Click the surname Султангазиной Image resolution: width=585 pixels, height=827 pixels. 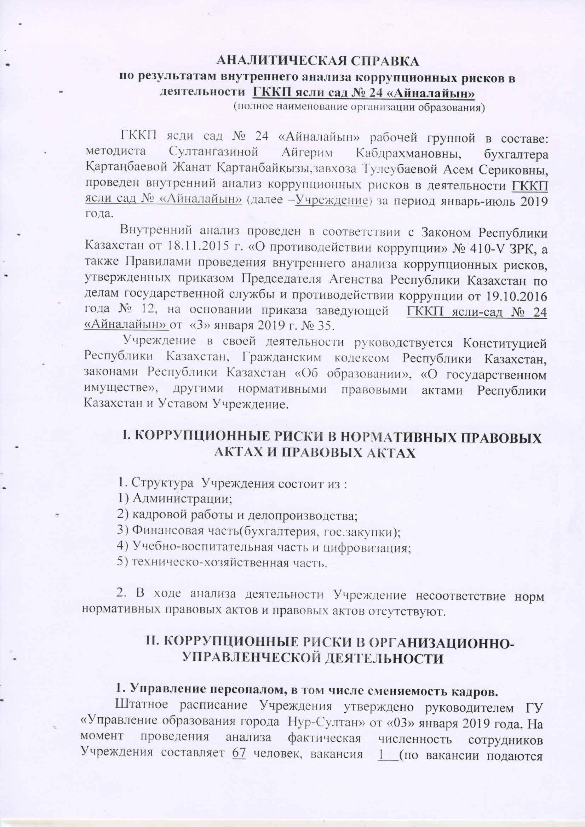[x=213, y=152]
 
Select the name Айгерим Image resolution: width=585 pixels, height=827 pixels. [x=307, y=152]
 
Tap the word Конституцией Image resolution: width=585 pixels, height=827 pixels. [x=504, y=343]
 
